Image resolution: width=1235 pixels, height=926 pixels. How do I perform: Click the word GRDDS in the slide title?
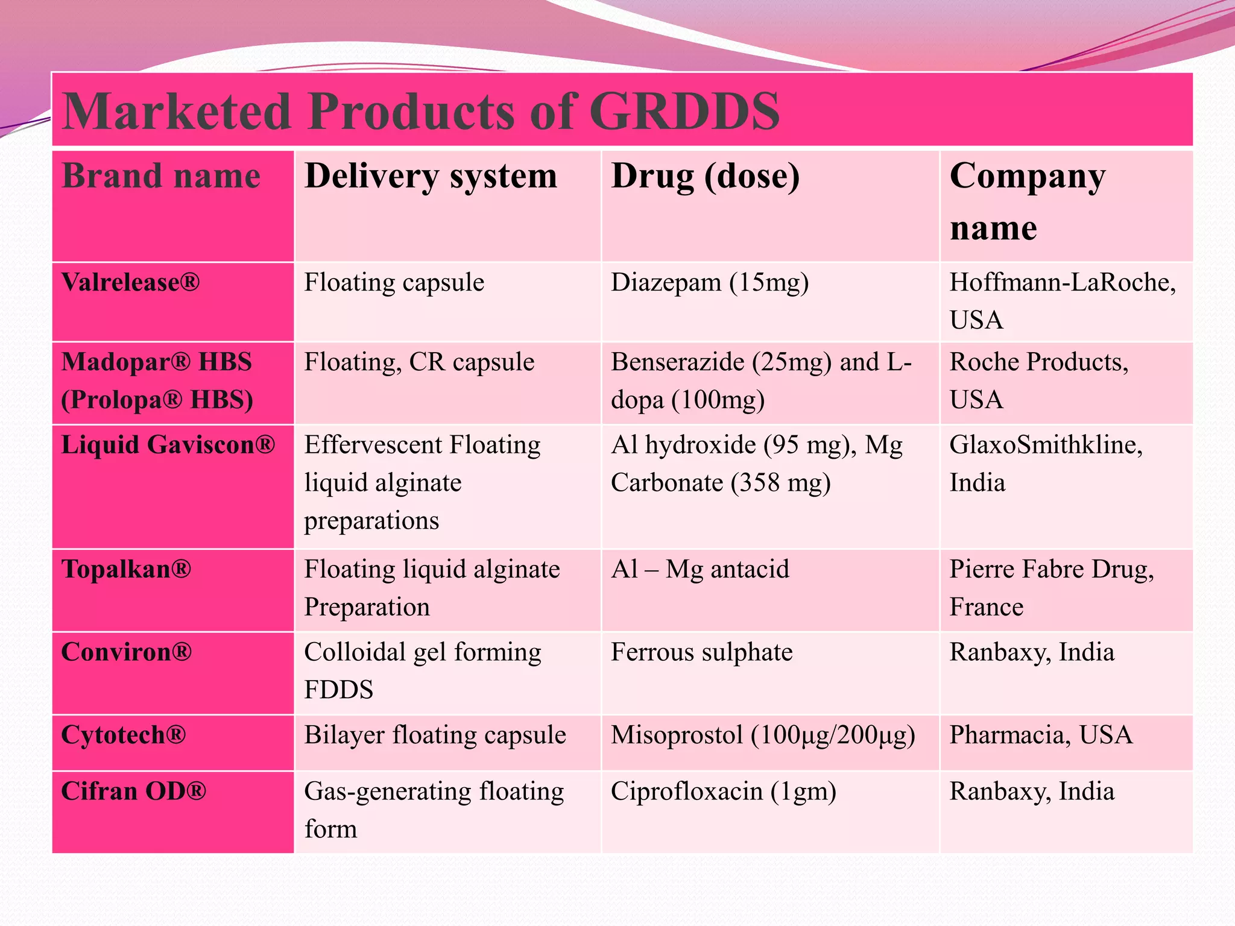tap(684, 112)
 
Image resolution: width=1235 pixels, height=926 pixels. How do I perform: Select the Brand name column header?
tap(161, 176)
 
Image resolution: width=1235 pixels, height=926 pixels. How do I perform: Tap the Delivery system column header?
tap(431, 176)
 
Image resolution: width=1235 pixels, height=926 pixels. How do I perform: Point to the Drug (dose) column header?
tap(706, 176)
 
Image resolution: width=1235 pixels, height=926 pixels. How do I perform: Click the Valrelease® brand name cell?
tap(130, 282)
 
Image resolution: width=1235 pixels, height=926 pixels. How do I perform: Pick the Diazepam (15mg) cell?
tap(710, 282)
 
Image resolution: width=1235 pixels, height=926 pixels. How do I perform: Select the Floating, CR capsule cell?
tap(419, 362)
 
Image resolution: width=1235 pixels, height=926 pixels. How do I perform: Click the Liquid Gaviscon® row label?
tap(168, 445)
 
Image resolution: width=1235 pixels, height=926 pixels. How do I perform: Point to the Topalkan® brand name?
tap(126, 569)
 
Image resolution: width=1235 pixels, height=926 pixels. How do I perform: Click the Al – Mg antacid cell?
tap(700, 569)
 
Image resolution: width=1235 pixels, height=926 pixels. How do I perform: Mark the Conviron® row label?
tap(127, 652)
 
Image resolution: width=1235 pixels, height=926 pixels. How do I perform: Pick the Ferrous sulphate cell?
tap(701, 652)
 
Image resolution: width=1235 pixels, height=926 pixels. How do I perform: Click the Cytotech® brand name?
tap(124, 735)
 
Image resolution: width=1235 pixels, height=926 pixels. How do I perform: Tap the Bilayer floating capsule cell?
tap(435, 735)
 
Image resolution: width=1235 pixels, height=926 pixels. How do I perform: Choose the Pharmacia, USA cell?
tap(1041, 735)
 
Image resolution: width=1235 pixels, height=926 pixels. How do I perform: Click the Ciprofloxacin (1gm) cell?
tap(723, 791)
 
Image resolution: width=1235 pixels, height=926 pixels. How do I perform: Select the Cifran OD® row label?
tap(134, 791)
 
